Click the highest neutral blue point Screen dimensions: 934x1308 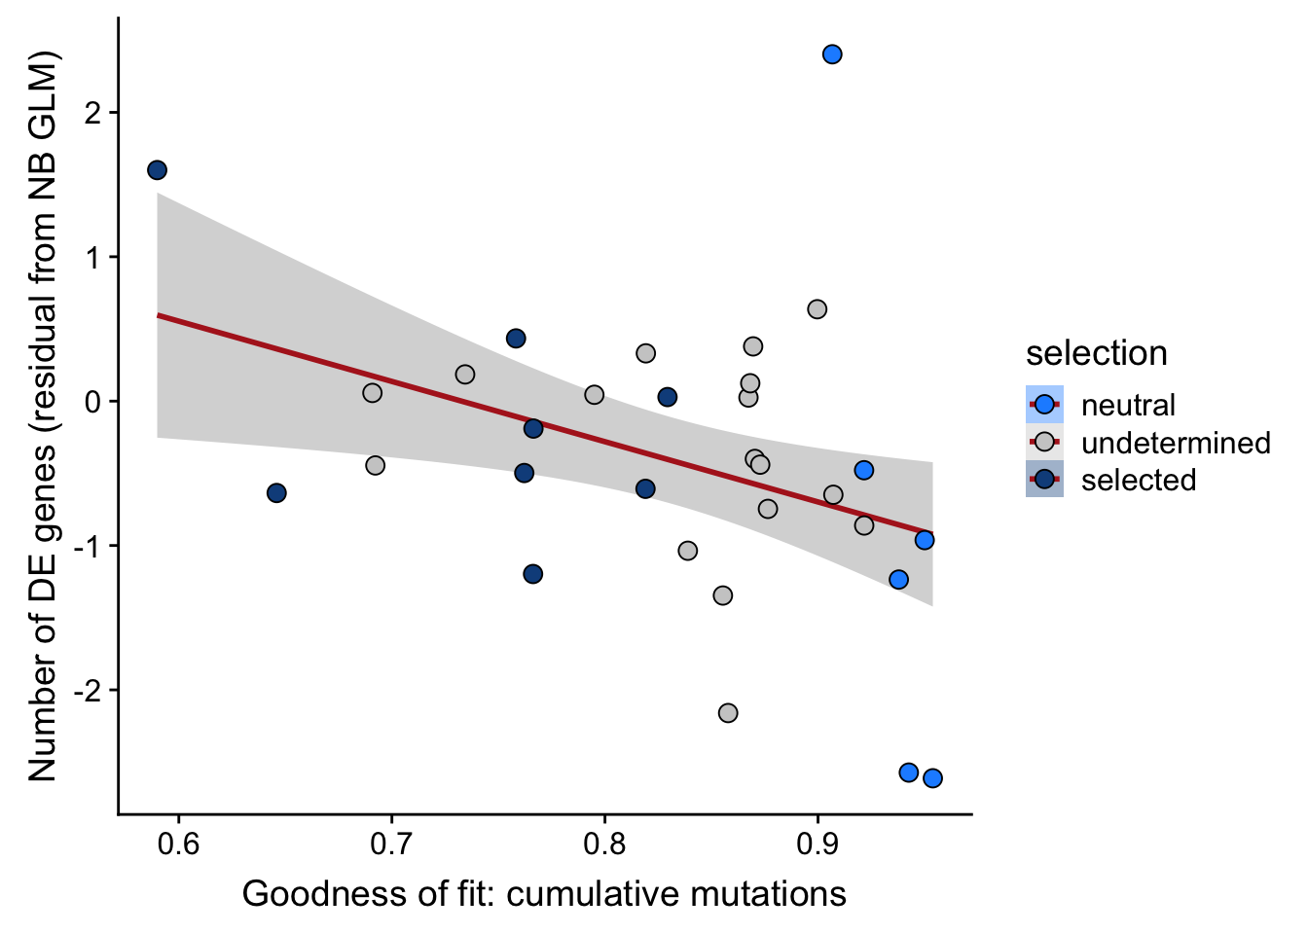832,54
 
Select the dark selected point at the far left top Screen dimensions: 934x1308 157,170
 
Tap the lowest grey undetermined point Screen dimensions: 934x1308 728,713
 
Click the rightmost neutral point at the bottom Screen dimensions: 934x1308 932,777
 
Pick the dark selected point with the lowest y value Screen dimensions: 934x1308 532,574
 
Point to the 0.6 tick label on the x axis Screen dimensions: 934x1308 179,843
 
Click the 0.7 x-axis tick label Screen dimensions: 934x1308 391,843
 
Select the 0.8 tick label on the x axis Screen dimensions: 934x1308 604,843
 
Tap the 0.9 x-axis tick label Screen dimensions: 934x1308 817,843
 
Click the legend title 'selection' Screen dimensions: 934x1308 1096,353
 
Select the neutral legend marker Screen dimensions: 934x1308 1044,405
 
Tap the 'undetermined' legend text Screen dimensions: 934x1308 1176,443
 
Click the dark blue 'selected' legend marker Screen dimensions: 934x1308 1044,480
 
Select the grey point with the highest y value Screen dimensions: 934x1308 817,309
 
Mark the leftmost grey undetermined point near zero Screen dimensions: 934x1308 372,393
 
